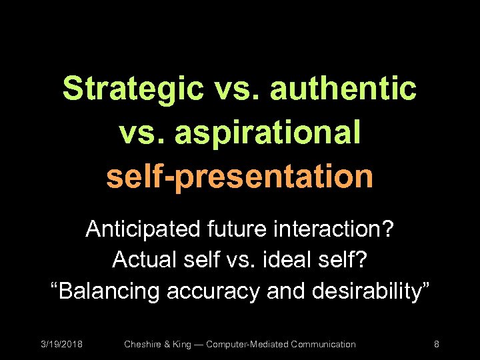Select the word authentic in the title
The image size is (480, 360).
pos(343,89)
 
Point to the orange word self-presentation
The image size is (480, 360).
pos(239,175)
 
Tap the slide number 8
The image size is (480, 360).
pos(436,344)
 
